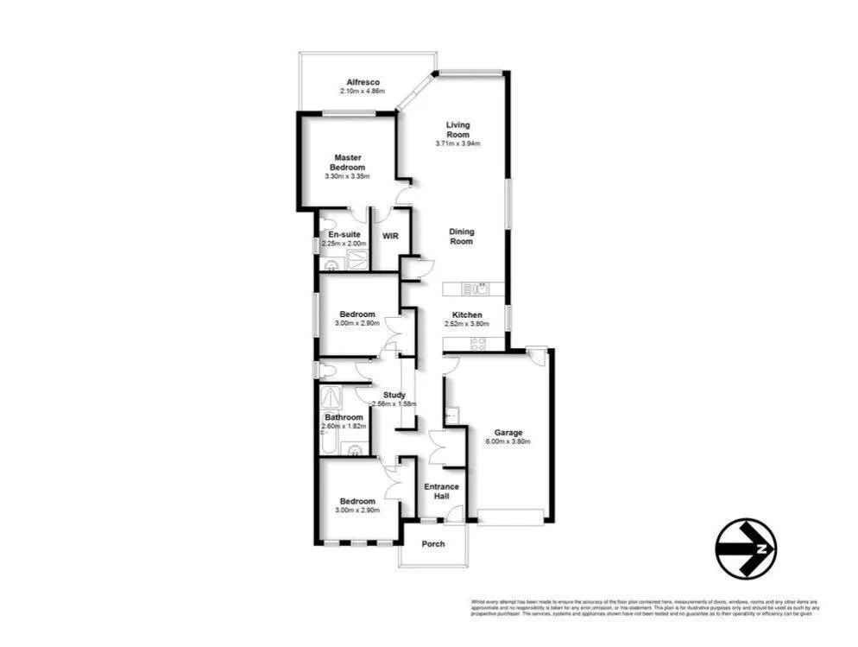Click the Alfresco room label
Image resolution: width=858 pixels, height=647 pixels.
(358, 82)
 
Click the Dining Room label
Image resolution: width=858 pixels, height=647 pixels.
(462, 237)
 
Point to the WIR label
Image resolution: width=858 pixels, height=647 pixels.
(388, 236)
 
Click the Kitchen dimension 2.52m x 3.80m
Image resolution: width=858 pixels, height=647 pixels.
(466, 325)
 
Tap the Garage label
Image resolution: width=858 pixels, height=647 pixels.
(508, 432)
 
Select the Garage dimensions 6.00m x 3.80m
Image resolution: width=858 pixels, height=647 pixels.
(508, 441)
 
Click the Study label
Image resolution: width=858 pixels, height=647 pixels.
(394, 395)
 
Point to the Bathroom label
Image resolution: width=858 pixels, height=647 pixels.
(344, 417)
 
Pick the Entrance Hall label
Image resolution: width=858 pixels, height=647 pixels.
(441, 492)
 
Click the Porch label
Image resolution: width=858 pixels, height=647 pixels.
(433, 543)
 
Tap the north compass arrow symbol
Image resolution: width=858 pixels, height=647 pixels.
(747, 548)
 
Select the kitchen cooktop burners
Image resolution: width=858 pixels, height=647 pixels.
(476, 342)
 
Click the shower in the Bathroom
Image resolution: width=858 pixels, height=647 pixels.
(331, 397)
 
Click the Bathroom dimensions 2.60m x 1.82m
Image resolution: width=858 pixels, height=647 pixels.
(344, 427)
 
